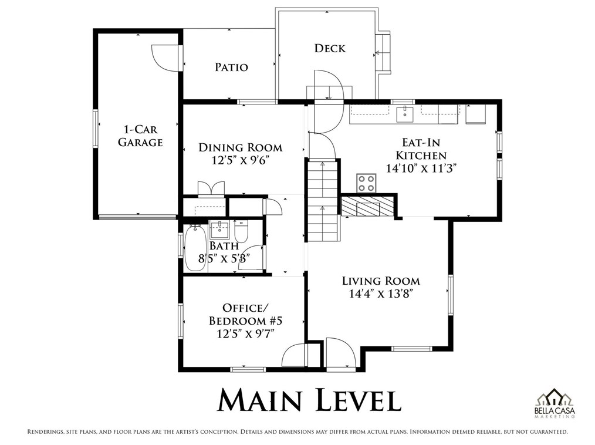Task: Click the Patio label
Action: coord(231,67)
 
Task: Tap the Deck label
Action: coord(330,48)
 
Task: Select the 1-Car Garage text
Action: coord(140,136)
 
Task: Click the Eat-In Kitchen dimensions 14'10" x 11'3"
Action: coord(421,167)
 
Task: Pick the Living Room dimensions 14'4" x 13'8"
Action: coord(381,294)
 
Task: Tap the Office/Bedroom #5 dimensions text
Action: coord(245,333)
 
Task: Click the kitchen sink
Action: coord(405,114)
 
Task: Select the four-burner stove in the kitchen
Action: coord(366,183)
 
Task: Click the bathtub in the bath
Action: coord(195,248)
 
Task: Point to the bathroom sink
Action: coord(219,230)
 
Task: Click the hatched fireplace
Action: coord(367,206)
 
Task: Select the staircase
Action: coord(322,201)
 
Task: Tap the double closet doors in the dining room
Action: coord(211,188)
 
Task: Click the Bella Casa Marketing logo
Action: coord(555,403)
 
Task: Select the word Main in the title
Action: coord(260,400)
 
